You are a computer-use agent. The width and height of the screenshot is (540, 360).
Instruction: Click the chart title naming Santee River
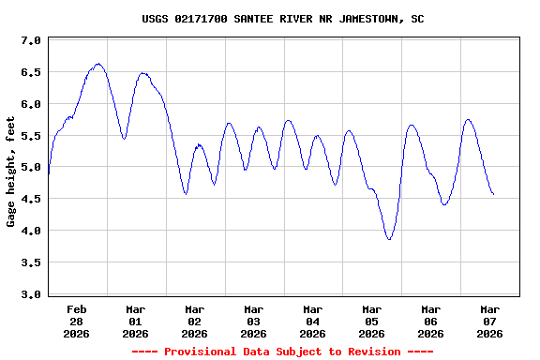282,18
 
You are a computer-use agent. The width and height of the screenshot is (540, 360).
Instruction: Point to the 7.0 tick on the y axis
30,41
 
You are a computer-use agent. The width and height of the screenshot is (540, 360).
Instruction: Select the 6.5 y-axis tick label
30,72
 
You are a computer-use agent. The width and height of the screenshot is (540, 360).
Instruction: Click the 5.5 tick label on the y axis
30,136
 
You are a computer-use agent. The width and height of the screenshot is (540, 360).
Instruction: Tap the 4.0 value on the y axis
30,231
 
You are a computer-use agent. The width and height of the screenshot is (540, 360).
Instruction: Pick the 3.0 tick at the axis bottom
30,294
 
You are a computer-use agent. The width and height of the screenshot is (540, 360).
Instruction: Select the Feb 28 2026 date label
77,321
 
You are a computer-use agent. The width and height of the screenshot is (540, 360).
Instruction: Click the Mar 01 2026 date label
135,321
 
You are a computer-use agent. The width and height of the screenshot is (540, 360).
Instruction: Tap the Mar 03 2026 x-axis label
253,321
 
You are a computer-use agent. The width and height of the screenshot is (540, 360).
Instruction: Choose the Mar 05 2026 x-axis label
371,321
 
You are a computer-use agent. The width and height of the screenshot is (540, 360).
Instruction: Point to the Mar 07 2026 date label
489,321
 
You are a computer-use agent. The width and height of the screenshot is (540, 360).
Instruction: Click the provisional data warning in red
282,352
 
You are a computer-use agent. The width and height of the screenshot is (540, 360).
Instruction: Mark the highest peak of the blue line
98,64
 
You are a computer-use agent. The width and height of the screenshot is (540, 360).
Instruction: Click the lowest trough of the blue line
389,239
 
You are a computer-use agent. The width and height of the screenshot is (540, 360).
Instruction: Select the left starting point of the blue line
48,174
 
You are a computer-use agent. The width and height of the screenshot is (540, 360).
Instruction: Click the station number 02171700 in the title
203,18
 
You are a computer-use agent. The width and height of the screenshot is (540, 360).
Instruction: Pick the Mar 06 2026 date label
430,321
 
